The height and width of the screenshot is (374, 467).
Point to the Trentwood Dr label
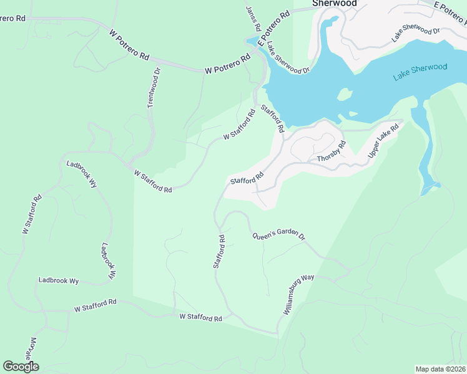coord(154,88)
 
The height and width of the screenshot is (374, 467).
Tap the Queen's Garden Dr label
coord(278,236)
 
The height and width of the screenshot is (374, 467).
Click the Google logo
coord(21,367)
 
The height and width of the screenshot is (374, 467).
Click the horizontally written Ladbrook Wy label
coord(58,281)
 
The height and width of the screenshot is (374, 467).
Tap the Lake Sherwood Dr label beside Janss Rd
coord(288,58)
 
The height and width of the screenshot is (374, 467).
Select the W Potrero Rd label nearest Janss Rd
coord(227,65)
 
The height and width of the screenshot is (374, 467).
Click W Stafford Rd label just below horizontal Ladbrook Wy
coord(96,305)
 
